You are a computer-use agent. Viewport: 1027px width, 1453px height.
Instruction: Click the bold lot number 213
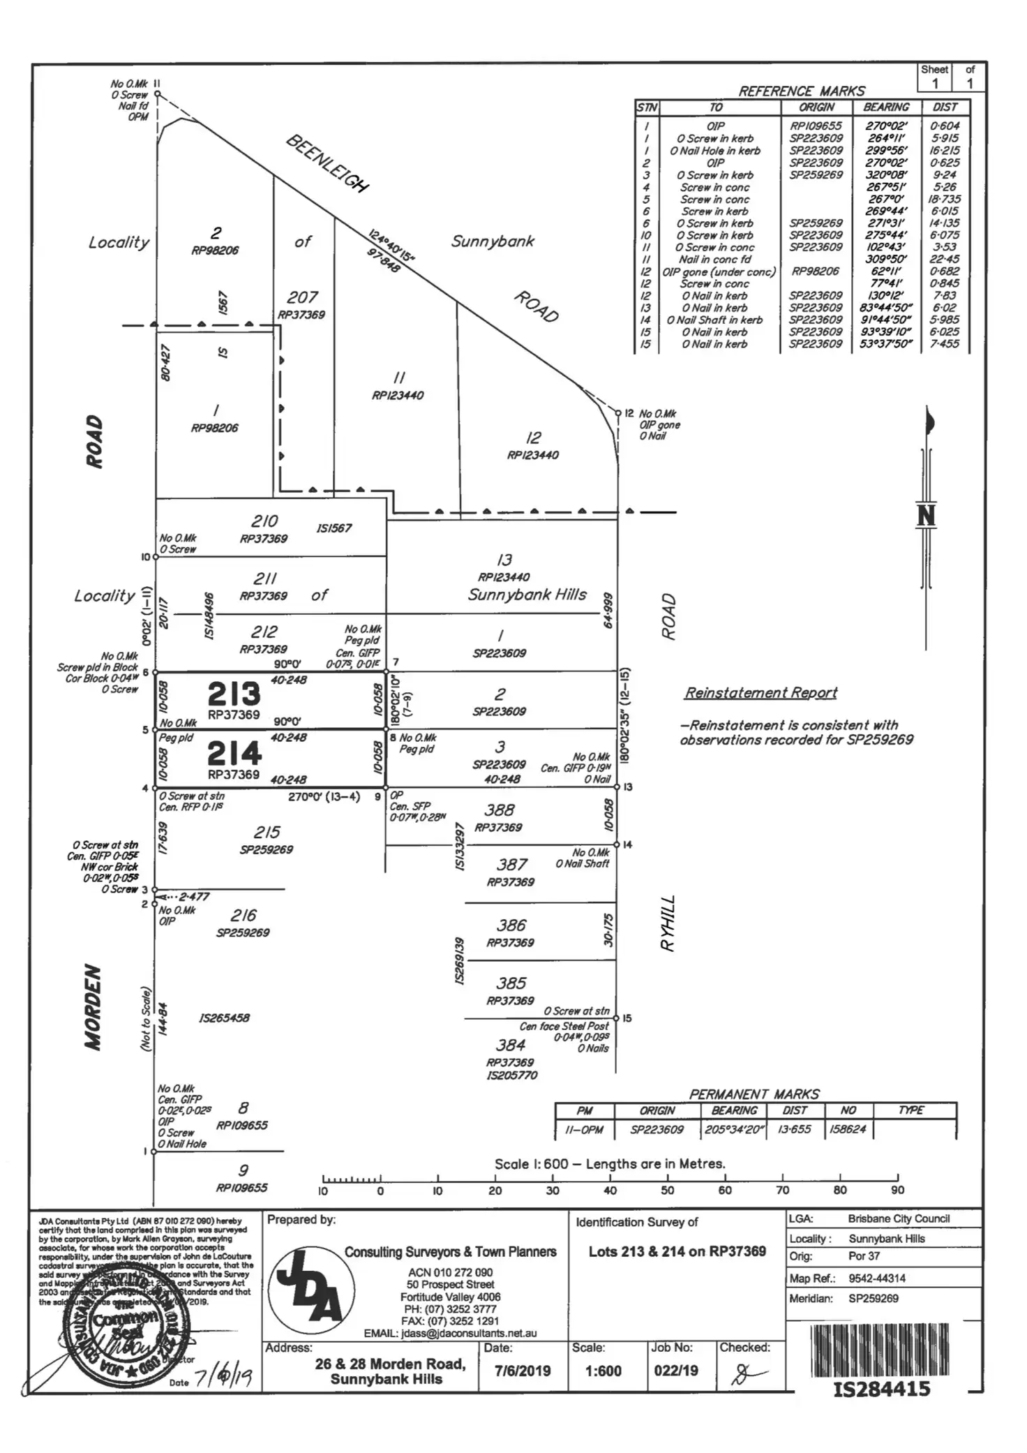coord(234,694)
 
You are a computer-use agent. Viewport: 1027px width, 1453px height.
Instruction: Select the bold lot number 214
coord(234,754)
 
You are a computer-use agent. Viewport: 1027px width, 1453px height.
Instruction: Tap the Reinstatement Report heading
coord(760,692)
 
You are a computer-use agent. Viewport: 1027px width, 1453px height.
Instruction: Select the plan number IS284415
coord(882,1388)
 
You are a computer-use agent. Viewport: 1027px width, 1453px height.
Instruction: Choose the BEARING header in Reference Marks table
coord(886,107)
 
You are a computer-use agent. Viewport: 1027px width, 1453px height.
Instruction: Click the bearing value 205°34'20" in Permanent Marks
coord(735,1129)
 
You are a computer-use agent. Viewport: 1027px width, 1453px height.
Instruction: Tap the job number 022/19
coord(676,1371)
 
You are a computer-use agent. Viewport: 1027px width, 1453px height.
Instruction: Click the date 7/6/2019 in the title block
coord(523,1371)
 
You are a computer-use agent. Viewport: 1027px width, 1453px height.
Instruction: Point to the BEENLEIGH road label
coord(327,163)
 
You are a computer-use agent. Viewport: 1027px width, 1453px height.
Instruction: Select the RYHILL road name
coord(668,923)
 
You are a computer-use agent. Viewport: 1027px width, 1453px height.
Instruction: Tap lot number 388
coord(500,810)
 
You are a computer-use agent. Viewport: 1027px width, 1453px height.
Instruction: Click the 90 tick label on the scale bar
coord(897,1191)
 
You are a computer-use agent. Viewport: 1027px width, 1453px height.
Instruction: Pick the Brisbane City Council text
coord(899,1219)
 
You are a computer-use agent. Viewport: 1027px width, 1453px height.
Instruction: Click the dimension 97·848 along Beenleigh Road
coord(384,261)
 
